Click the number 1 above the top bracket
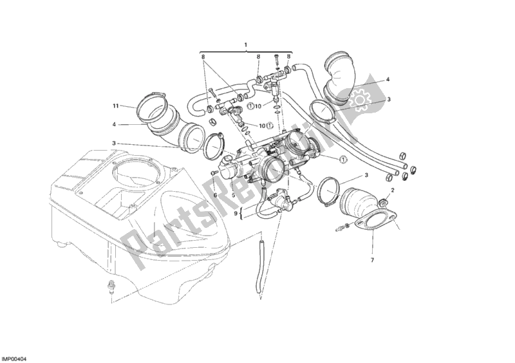point(245,44)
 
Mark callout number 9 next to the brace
point(236,214)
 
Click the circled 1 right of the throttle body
point(343,159)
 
